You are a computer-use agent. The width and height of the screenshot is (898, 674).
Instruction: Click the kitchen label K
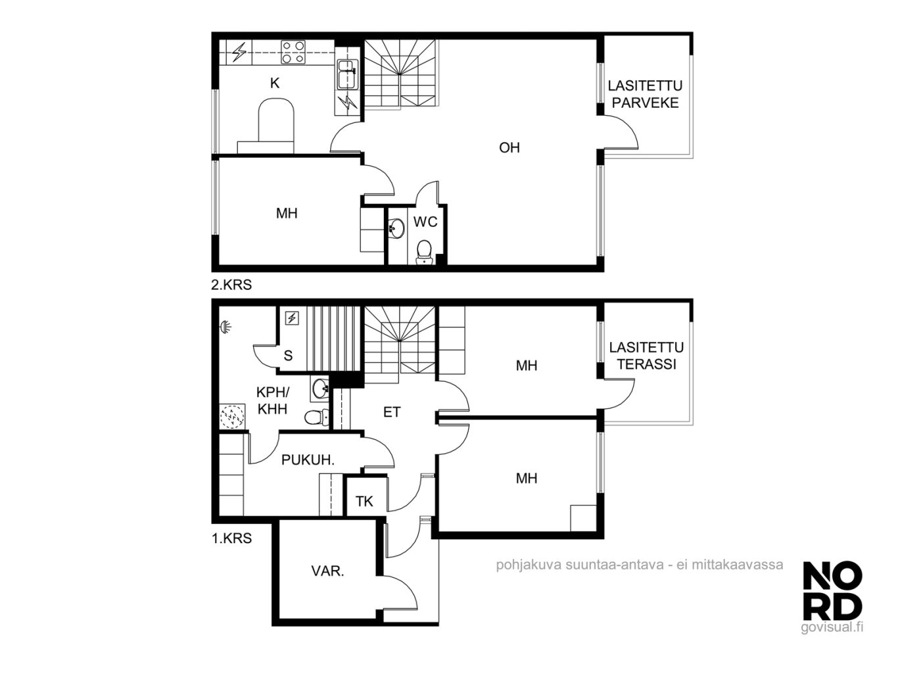click(x=275, y=84)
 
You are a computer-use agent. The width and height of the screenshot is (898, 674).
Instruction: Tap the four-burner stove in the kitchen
click(x=293, y=52)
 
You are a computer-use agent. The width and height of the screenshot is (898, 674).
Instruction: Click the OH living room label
click(x=509, y=147)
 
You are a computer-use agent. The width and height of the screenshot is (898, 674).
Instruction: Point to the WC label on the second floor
click(x=425, y=222)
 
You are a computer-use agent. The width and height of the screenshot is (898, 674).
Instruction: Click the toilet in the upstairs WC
click(x=424, y=253)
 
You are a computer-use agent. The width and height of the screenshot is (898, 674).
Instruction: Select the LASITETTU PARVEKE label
click(x=645, y=94)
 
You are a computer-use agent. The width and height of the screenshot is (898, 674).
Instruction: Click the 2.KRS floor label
click(x=231, y=285)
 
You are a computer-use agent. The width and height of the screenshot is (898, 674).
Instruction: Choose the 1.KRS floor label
click(x=231, y=538)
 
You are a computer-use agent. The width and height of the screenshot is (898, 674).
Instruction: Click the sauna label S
click(x=288, y=355)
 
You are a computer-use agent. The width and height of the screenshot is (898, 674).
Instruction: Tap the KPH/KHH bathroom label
click(x=272, y=400)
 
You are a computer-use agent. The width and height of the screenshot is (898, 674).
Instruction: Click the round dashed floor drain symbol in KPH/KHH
click(x=232, y=417)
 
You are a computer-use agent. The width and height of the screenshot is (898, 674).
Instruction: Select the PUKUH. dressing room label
click(x=308, y=460)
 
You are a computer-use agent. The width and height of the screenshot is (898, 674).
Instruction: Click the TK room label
click(x=364, y=501)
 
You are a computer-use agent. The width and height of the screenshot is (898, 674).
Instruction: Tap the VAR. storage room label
click(x=327, y=571)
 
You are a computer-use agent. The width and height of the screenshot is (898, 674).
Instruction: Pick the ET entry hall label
click(x=392, y=412)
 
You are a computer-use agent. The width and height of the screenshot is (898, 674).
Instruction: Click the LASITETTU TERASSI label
click(x=646, y=356)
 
